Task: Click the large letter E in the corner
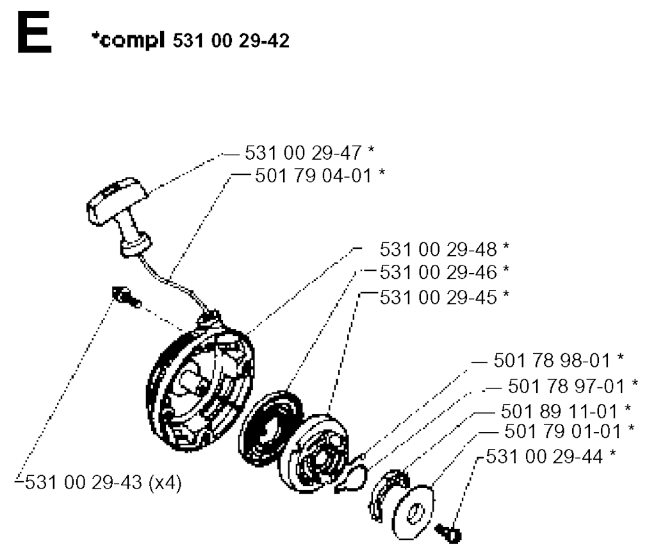pos(35,32)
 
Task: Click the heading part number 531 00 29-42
pos(231,41)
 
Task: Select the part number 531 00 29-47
pos(303,153)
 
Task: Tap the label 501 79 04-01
pos(313,176)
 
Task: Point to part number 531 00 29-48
pos(438,249)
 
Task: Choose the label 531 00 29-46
pos(438,273)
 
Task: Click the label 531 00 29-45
pos(438,298)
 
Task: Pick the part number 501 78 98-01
pos(552,360)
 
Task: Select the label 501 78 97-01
pos(566,386)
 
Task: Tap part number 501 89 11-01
pos(559,412)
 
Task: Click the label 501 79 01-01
pos(562,432)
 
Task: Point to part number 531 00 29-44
pos(545,457)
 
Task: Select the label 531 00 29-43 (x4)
pos(103,483)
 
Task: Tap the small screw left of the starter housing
pos(126,296)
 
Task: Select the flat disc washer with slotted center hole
pos(413,512)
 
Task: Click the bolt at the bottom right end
pos(448,533)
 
